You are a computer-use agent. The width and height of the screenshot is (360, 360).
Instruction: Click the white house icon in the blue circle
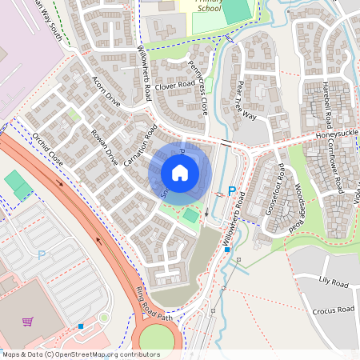click(x=180, y=173)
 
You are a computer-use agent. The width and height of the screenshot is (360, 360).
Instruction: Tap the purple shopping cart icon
click(x=28, y=322)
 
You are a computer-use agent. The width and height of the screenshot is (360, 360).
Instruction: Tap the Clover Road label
click(x=175, y=83)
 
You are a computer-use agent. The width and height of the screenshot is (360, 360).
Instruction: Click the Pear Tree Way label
click(x=246, y=100)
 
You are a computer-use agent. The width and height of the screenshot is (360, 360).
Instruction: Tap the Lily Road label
click(x=335, y=283)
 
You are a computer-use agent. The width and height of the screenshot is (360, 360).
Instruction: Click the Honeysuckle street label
click(x=337, y=135)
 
